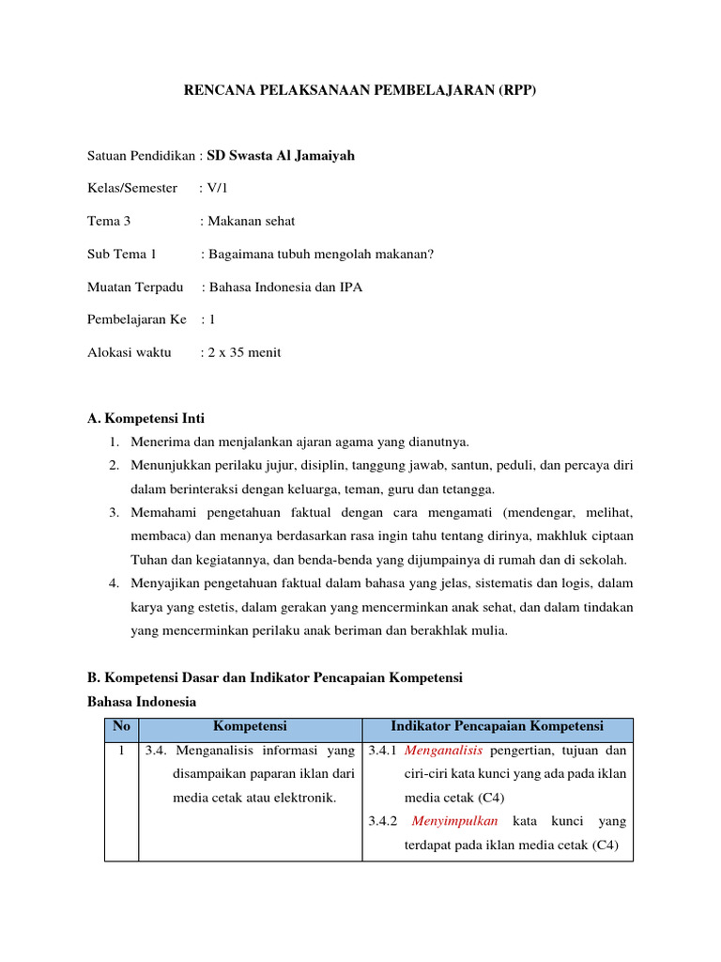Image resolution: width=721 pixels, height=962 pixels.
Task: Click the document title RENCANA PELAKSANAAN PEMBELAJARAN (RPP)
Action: point(360,91)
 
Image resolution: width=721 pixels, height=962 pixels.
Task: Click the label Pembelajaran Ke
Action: point(136,319)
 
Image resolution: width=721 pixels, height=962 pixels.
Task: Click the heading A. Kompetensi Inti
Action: point(146,418)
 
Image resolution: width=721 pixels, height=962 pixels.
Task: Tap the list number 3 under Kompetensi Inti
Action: point(113,513)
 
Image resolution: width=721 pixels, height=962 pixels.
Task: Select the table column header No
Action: point(120,726)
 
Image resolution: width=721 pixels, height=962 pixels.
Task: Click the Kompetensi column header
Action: point(250,726)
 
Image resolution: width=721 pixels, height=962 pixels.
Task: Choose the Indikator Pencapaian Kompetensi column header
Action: point(497,726)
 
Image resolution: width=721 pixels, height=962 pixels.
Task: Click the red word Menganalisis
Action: point(443,751)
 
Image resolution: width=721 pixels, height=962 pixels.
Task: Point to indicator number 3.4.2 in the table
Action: point(383,821)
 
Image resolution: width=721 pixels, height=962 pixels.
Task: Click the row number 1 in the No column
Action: point(120,751)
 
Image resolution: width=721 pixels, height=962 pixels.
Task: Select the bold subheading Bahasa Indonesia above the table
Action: point(141,701)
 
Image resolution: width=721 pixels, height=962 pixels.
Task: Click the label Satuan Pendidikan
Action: point(142,155)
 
